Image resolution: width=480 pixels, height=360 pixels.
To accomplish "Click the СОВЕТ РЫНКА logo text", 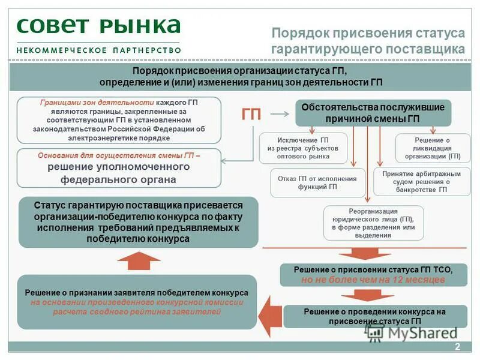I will pyautogui.click(x=99, y=26).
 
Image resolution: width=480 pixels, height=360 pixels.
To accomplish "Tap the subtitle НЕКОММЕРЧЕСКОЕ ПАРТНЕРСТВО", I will pyautogui.click(x=98, y=49).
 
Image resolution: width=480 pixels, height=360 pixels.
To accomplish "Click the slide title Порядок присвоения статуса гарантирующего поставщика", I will pyautogui.click(x=368, y=40).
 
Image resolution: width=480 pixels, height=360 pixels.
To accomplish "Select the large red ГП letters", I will pyautogui.click(x=251, y=114).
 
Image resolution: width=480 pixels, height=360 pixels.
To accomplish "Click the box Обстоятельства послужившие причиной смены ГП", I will pyautogui.click(x=373, y=113).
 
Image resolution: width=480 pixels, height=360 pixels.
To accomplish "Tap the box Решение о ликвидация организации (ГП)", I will pyautogui.click(x=433, y=148).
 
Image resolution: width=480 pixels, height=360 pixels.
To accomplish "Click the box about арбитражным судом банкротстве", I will pyautogui.click(x=421, y=182).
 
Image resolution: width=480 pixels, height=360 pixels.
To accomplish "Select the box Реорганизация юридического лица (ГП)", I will pyautogui.click(x=373, y=223).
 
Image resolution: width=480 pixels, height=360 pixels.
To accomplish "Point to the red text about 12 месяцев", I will pyautogui.click(x=373, y=280).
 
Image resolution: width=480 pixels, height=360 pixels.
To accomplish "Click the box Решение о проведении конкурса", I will pyautogui.click(x=374, y=316).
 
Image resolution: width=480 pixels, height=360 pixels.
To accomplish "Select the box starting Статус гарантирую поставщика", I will pyautogui.click(x=138, y=221).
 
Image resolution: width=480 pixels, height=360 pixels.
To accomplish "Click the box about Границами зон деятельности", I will pyautogui.click(x=119, y=120).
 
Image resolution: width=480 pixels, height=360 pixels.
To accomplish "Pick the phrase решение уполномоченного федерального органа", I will pyautogui.click(x=119, y=173).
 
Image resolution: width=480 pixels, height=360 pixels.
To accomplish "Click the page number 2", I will pyautogui.click(x=457, y=347).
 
